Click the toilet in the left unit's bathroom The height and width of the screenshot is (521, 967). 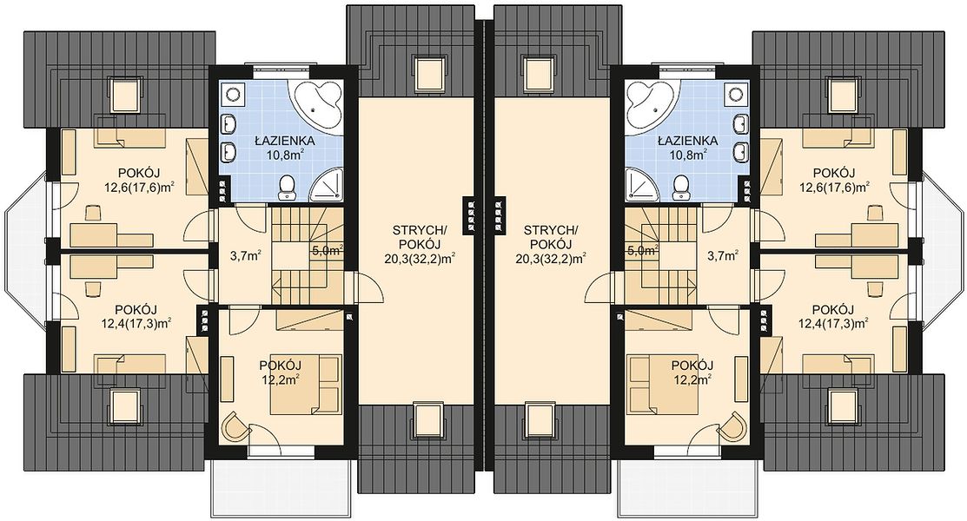point(287,188)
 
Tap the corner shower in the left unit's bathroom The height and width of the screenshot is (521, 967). point(324,183)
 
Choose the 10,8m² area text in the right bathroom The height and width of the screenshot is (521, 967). point(687,155)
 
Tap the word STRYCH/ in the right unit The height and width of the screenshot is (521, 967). point(551,231)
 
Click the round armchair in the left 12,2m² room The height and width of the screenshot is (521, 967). point(235,425)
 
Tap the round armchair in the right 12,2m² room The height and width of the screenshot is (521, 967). point(732,425)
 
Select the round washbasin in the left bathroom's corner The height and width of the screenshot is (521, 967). point(233,95)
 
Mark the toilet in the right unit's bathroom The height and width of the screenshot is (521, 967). point(680,188)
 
